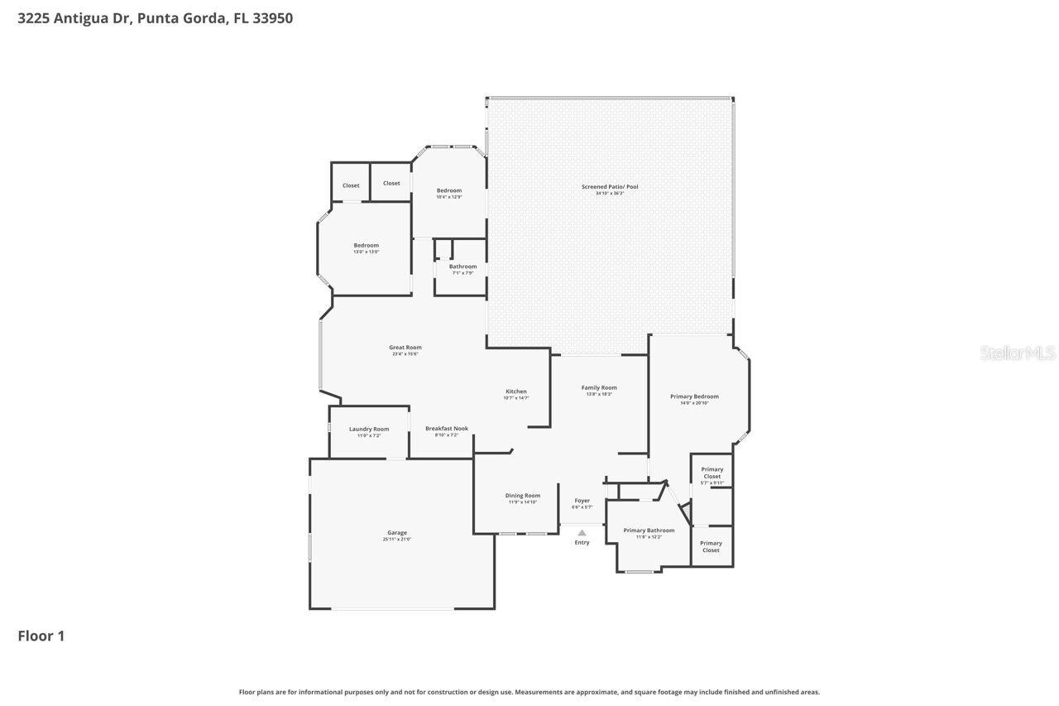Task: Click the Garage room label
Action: click(x=396, y=533)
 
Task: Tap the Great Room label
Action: click(x=405, y=348)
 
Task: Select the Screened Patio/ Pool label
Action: click(x=610, y=187)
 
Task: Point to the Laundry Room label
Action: click(x=369, y=429)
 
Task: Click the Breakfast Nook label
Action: click(x=447, y=429)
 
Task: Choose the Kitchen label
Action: click(x=516, y=391)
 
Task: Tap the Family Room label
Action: click(x=599, y=387)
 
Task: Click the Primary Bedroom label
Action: click(x=694, y=396)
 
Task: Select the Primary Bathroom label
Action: click(x=649, y=531)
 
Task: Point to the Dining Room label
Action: click(x=523, y=496)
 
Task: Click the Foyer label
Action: click(x=582, y=501)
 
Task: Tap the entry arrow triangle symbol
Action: click(x=582, y=533)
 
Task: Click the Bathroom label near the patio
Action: click(x=463, y=267)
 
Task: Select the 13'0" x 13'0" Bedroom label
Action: click(x=366, y=246)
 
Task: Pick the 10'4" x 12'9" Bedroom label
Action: click(x=449, y=191)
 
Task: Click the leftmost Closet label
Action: click(x=351, y=185)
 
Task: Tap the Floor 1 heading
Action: click(x=41, y=636)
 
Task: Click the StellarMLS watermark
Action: click(x=1018, y=353)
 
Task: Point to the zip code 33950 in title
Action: click(x=271, y=17)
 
